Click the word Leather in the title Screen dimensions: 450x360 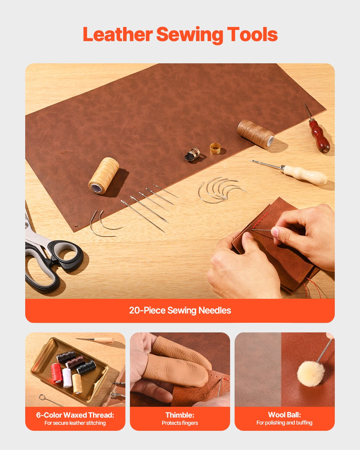pyautogui.click(x=117, y=34)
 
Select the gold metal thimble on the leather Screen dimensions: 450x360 pyautogui.click(x=215, y=148)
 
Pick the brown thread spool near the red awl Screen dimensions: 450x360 pyautogui.click(x=255, y=133)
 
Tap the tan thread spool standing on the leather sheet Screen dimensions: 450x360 pyautogui.click(x=104, y=175)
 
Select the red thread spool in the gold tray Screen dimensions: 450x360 pyautogui.click(x=56, y=373)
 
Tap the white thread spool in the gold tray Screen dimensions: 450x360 pyautogui.click(x=67, y=378)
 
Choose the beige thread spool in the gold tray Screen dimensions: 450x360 pyautogui.click(x=77, y=384)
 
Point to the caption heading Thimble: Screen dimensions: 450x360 pyautogui.click(x=180, y=415)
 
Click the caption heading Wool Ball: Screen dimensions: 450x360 pyautogui.click(x=284, y=415)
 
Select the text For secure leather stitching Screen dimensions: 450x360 pyautogui.click(x=75, y=423)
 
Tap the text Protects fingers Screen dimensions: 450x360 pyautogui.click(x=180, y=423)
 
